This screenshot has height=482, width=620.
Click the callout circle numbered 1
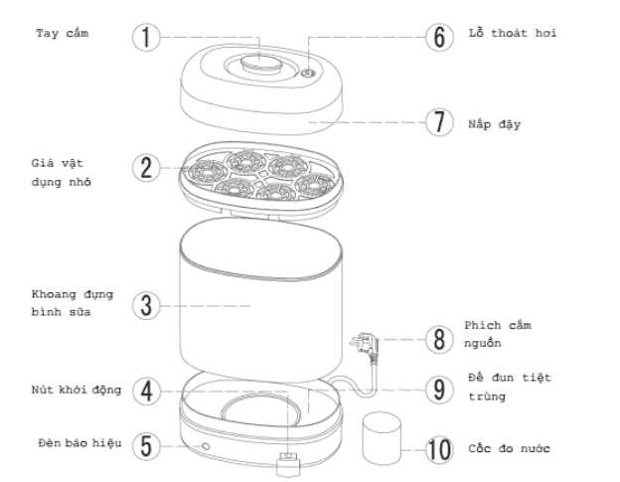[146, 36]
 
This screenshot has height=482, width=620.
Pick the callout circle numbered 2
[146, 166]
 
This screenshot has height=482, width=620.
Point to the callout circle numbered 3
[146, 304]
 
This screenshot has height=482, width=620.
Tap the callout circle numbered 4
[146, 390]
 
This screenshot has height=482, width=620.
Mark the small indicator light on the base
[205, 447]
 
